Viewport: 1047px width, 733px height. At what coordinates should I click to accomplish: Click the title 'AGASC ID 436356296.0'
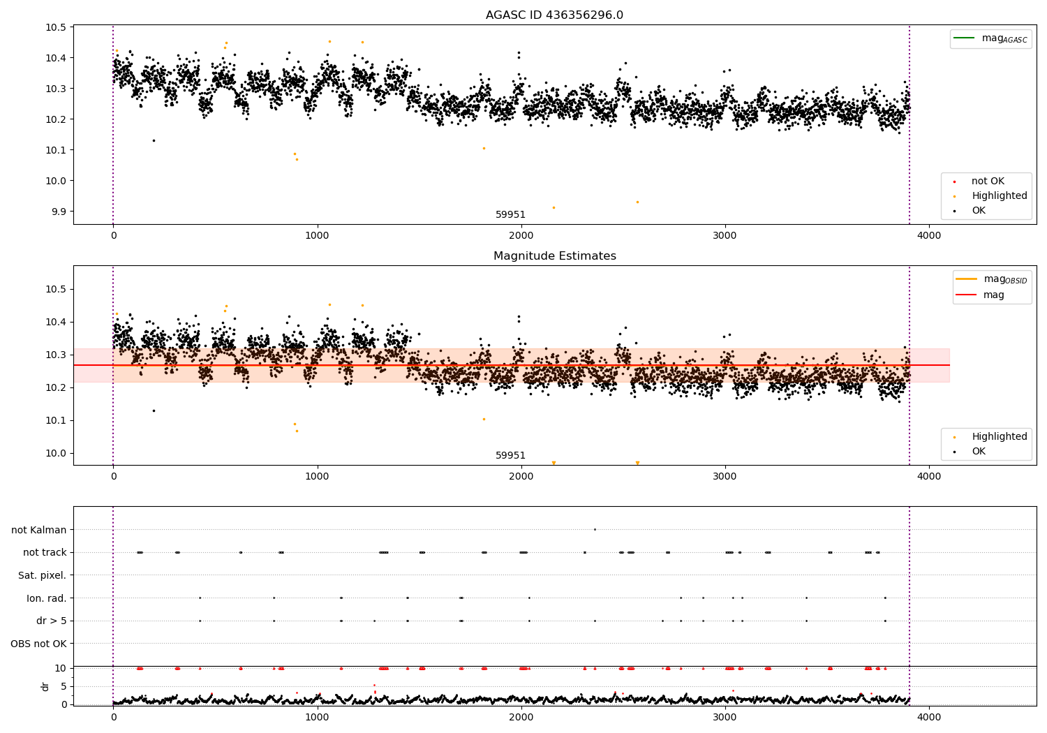pyautogui.click(x=554, y=15)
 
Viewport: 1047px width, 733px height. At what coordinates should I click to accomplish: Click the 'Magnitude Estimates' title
pyautogui.click(x=554, y=256)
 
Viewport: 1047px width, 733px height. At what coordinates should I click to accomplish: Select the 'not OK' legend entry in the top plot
pyautogui.click(x=987, y=182)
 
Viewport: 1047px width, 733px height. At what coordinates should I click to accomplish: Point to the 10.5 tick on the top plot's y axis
pyautogui.click(x=56, y=27)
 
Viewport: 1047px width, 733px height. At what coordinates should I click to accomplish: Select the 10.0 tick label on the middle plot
pyautogui.click(x=56, y=453)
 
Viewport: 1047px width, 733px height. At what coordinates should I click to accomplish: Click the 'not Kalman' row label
pyautogui.click(x=39, y=530)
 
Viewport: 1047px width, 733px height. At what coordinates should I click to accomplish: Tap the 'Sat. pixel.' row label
pyautogui.click(x=42, y=575)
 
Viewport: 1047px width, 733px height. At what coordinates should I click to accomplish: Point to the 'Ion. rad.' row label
pyautogui.click(x=46, y=598)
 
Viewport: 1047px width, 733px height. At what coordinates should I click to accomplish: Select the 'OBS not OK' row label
pyautogui.click(x=38, y=644)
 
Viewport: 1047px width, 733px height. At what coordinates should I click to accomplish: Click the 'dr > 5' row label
pyautogui.click(x=51, y=621)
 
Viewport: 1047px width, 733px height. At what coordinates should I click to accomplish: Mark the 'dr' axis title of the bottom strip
pyautogui.click(x=45, y=686)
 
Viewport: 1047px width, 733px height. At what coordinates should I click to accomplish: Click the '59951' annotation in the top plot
pyautogui.click(x=510, y=214)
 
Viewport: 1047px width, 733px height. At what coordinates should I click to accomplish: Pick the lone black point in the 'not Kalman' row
pyautogui.click(x=595, y=529)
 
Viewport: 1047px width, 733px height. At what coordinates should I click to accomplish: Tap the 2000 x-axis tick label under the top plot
pyautogui.click(x=521, y=236)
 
